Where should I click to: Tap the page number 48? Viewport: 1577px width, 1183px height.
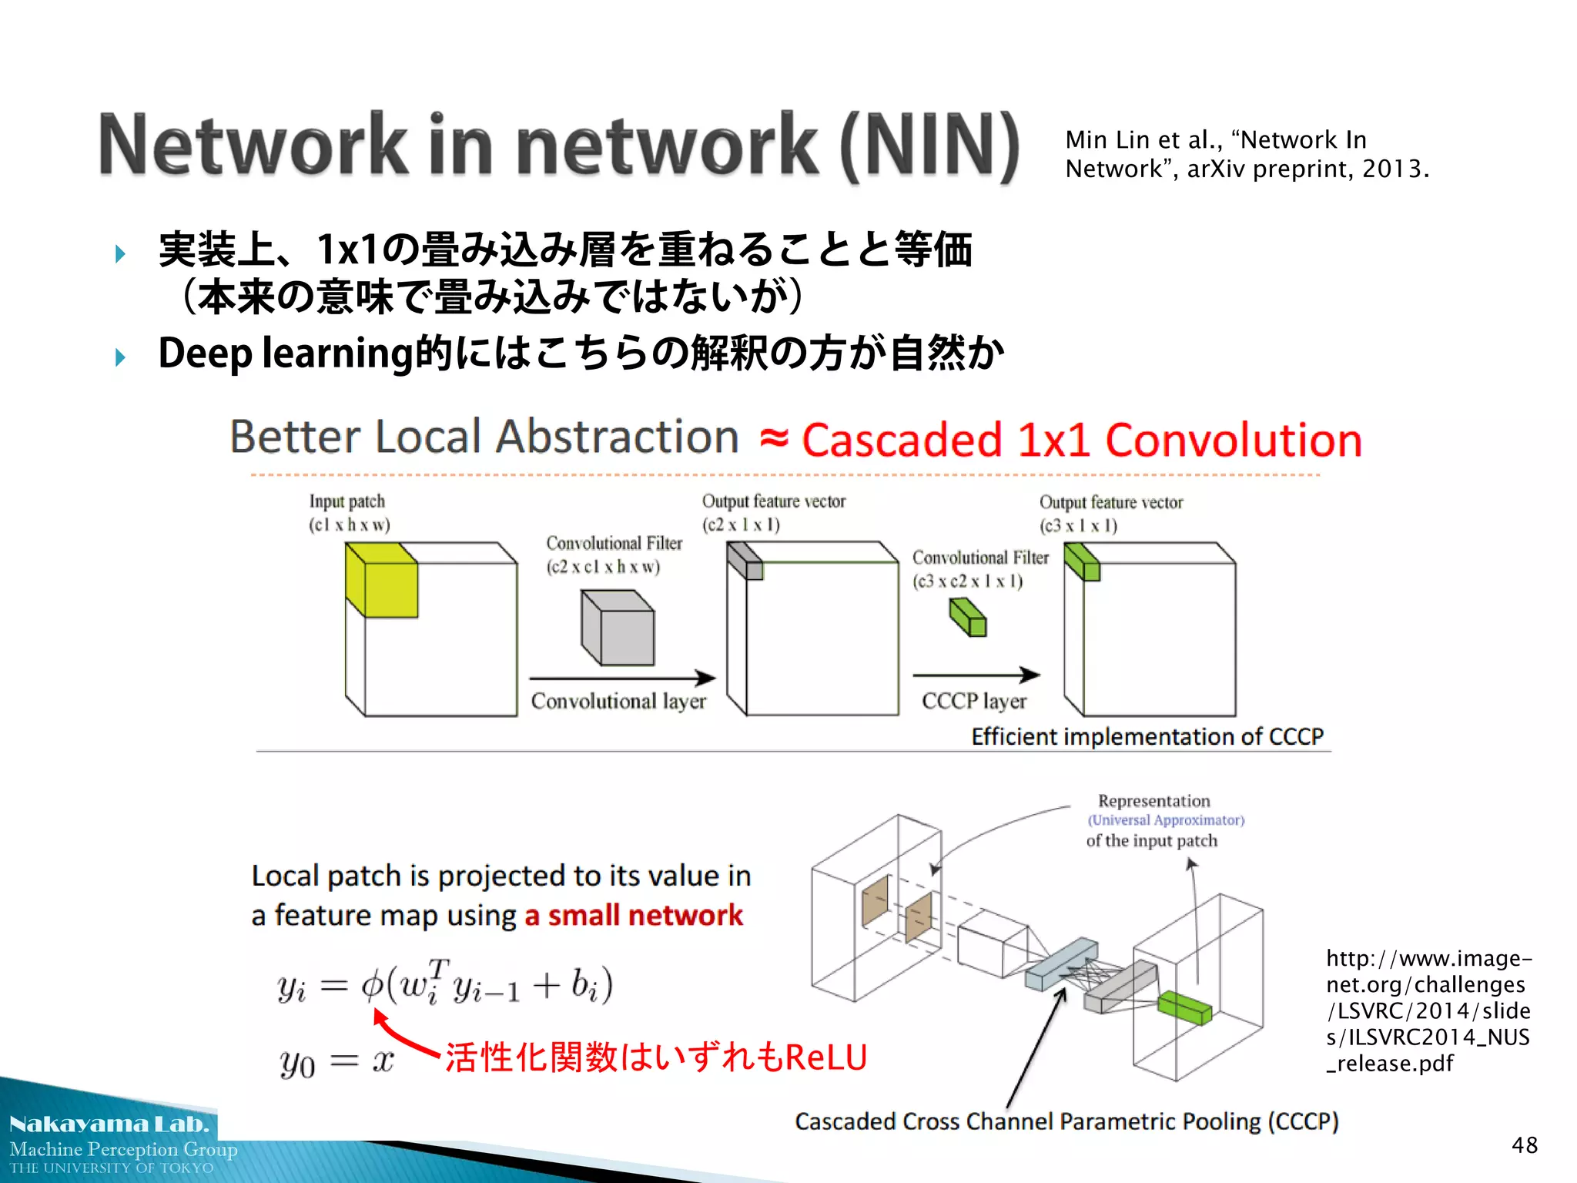(x=1524, y=1145)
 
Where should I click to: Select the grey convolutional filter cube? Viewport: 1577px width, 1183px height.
(x=618, y=628)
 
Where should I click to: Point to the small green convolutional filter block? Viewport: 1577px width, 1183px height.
(x=969, y=618)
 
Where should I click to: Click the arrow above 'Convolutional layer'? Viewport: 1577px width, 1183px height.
(x=622, y=678)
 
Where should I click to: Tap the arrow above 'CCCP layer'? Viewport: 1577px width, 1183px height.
(x=976, y=675)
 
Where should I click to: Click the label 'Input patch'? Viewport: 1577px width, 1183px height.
(x=347, y=501)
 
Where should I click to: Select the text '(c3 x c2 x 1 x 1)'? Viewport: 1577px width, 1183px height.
(x=968, y=581)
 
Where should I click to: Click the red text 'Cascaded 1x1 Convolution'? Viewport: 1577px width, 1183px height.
(x=1081, y=441)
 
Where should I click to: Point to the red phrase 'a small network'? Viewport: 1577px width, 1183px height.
(x=634, y=915)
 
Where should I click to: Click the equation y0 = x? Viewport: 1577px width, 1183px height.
(x=336, y=1062)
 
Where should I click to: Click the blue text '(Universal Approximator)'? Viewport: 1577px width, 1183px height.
(x=1166, y=820)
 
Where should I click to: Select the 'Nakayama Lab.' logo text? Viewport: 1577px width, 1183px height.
(x=109, y=1124)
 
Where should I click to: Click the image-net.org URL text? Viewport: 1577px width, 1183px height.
(x=1428, y=1010)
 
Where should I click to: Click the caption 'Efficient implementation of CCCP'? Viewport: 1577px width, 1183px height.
(x=1147, y=737)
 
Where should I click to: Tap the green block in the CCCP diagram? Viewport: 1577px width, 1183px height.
(x=1184, y=1007)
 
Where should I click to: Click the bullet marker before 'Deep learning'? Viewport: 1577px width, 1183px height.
(x=120, y=357)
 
